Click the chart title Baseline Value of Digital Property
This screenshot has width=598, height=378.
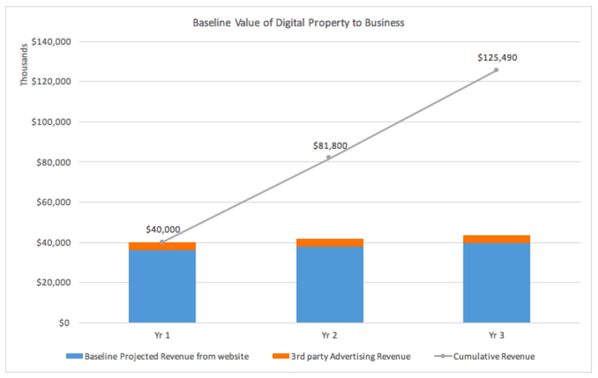[x=299, y=23]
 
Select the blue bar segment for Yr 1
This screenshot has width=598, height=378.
[x=162, y=286]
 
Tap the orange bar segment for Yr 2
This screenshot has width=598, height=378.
[x=329, y=242]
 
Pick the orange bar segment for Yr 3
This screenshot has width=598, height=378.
[x=496, y=239]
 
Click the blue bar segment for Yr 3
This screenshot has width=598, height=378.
[x=496, y=283]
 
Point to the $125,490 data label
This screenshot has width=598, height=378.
[x=497, y=57]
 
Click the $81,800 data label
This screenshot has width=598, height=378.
[x=329, y=145]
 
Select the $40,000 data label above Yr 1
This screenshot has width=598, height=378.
[x=163, y=229]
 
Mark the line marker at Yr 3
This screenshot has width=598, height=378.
[x=496, y=70]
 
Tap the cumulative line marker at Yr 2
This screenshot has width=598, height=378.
[x=329, y=157]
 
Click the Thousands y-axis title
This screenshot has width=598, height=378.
[x=23, y=65]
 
